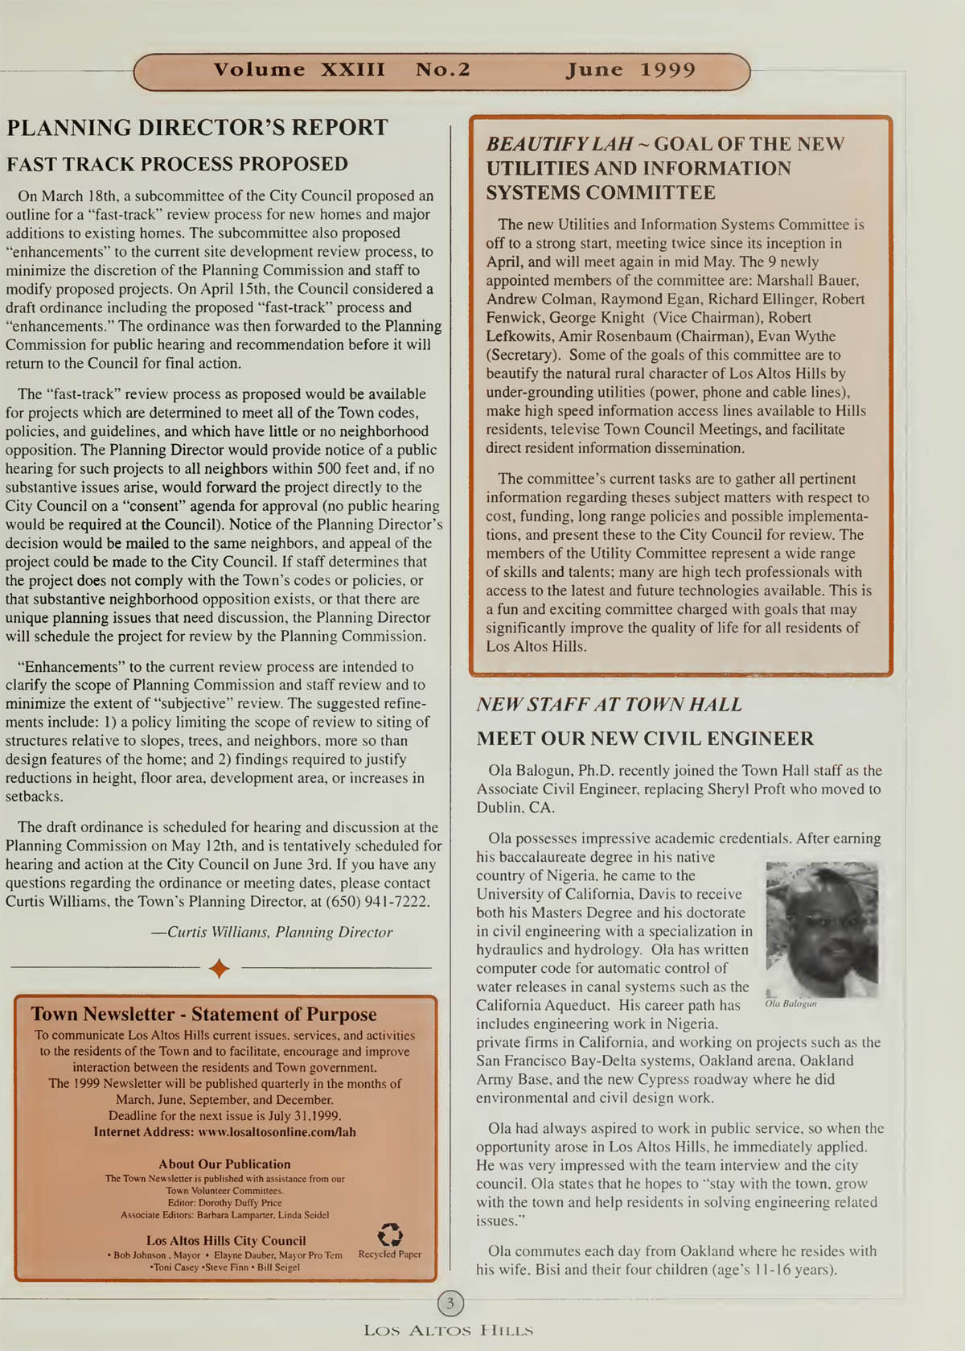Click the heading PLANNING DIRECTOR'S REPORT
[197, 128]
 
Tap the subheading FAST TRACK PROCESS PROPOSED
[177, 164]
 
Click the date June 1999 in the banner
[630, 70]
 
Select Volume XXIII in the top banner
[299, 70]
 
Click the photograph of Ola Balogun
[822, 929]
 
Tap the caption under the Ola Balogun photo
[790, 1004]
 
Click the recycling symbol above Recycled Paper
[390, 1234]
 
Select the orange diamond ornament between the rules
[219, 969]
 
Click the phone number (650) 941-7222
[377, 901]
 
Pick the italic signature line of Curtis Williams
[272, 933]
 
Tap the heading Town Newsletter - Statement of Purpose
[203, 1015]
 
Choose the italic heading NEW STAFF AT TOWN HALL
[609, 705]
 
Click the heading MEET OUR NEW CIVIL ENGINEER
[645, 739]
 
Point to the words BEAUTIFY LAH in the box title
[559, 145]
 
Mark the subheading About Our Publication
[224, 1164]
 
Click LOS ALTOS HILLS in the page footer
[448, 1331]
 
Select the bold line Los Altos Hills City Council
[226, 1241]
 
